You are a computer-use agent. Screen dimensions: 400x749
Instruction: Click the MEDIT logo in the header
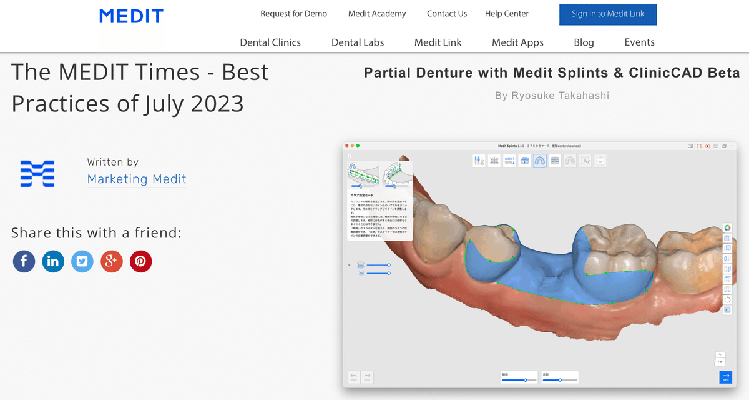coord(131,16)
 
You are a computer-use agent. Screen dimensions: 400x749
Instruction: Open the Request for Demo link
coord(293,14)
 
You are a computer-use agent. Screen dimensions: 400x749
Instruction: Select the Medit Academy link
coord(377,14)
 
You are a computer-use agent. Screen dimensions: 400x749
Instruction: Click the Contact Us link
coord(447,14)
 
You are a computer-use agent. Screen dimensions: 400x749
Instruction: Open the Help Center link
coord(507,14)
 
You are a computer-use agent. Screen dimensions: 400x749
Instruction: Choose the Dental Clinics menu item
coord(270,42)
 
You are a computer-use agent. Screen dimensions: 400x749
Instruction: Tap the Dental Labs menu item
coord(358,42)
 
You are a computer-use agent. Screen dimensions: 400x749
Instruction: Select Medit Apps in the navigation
coord(517,42)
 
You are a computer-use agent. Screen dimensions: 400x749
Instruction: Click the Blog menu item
coord(584,42)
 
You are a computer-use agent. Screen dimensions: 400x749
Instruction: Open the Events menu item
coord(639,42)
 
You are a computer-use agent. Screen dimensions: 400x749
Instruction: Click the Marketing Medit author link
coord(137,179)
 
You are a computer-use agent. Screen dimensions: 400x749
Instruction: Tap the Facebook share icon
coord(24,261)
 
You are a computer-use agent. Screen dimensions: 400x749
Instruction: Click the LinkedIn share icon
coord(53,261)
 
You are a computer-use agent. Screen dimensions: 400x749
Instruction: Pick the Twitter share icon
coord(82,261)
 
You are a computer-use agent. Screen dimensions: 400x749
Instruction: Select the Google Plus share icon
coord(112,261)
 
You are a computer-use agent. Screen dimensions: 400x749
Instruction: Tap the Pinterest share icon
coord(140,261)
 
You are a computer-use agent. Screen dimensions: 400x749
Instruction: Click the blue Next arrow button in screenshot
coord(725,377)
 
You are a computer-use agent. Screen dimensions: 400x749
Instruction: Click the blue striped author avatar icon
coord(37,174)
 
